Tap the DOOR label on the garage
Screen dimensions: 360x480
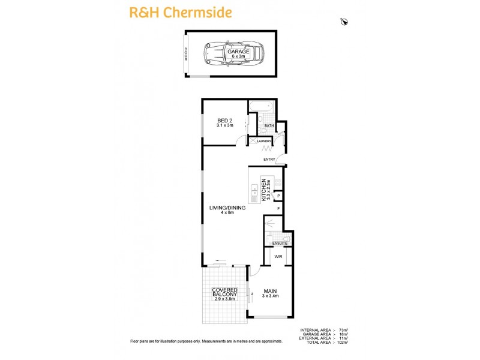(x=186, y=55)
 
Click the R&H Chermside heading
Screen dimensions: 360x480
(x=173, y=11)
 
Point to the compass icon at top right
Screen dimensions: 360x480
(x=344, y=22)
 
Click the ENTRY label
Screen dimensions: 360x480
(x=269, y=159)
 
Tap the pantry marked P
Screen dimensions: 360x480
(x=279, y=196)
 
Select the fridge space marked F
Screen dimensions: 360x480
(x=279, y=209)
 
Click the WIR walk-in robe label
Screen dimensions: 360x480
(x=278, y=256)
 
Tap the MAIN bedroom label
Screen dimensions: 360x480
(x=269, y=292)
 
